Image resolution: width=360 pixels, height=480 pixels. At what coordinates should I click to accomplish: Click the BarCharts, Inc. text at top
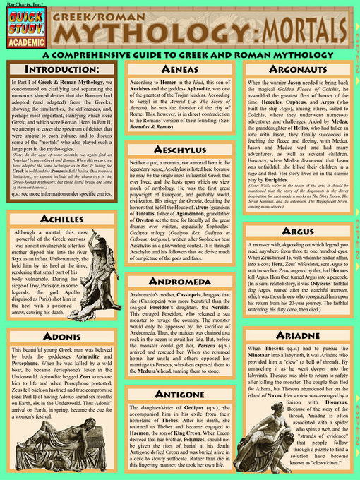20,4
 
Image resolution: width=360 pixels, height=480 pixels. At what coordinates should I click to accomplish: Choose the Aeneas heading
183,70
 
